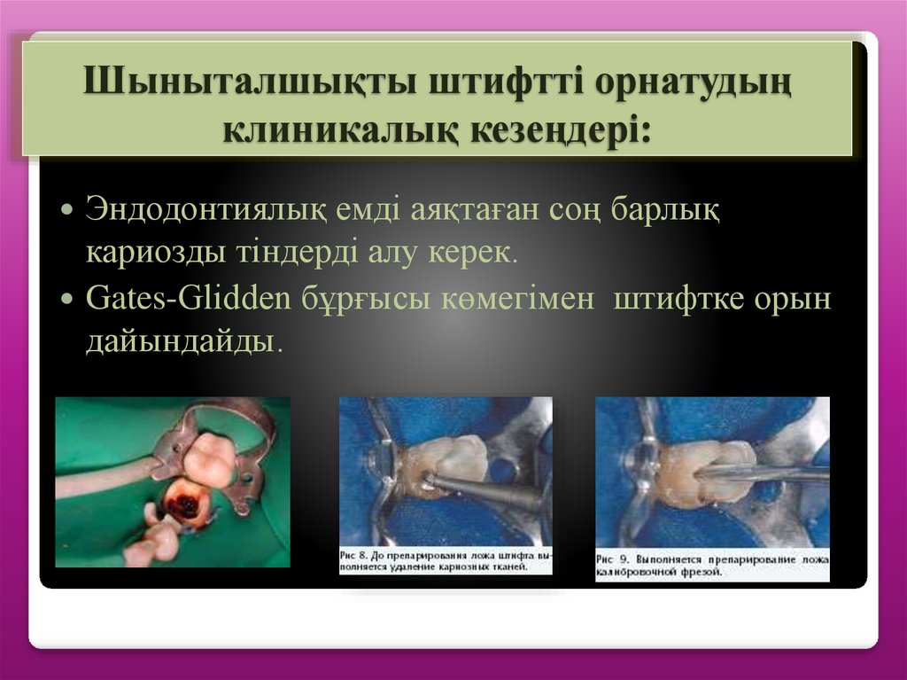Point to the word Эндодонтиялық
pyautogui.click(x=209, y=213)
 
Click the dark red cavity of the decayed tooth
pyautogui.click(x=187, y=506)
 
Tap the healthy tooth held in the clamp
pyautogui.click(x=209, y=459)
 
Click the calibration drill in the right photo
pyautogui.click(x=771, y=473)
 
